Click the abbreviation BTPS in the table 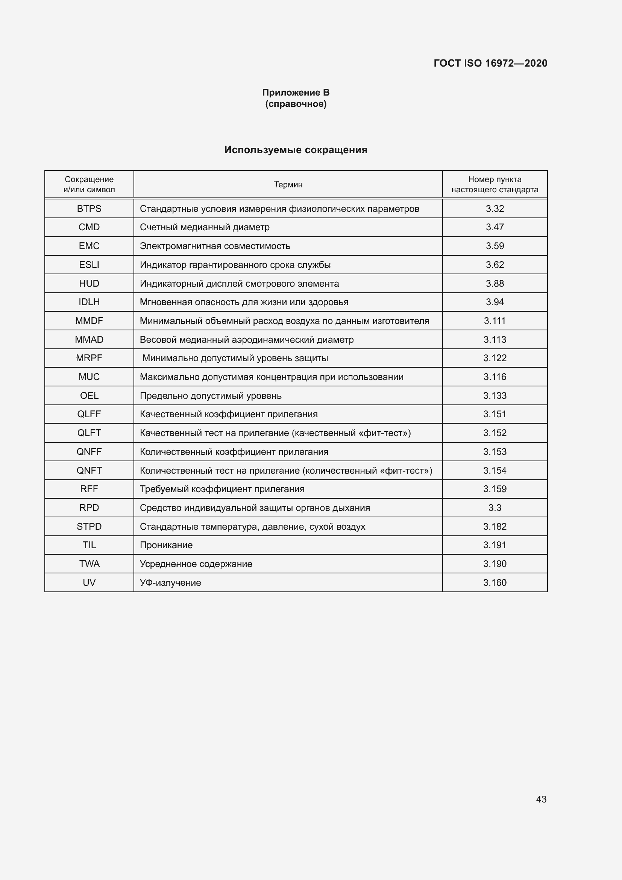[89, 208]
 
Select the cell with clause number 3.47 [495, 227]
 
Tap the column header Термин [288, 184]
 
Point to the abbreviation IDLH [89, 302]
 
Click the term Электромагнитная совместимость [215, 246]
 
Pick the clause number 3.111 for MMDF [495, 321]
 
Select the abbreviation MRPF [89, 358]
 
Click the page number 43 [541, 799]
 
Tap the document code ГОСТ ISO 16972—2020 [490, 63]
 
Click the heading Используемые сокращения [296, 150]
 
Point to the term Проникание [166, 545]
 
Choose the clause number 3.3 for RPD [495, 508]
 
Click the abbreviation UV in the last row [89, 582]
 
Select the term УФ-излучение [170, 582]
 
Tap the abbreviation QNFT [89, 470]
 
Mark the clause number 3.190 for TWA [495, 564]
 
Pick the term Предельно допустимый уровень [211, 395]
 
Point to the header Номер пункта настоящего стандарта [495, 184]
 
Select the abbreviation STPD [89, 527]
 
